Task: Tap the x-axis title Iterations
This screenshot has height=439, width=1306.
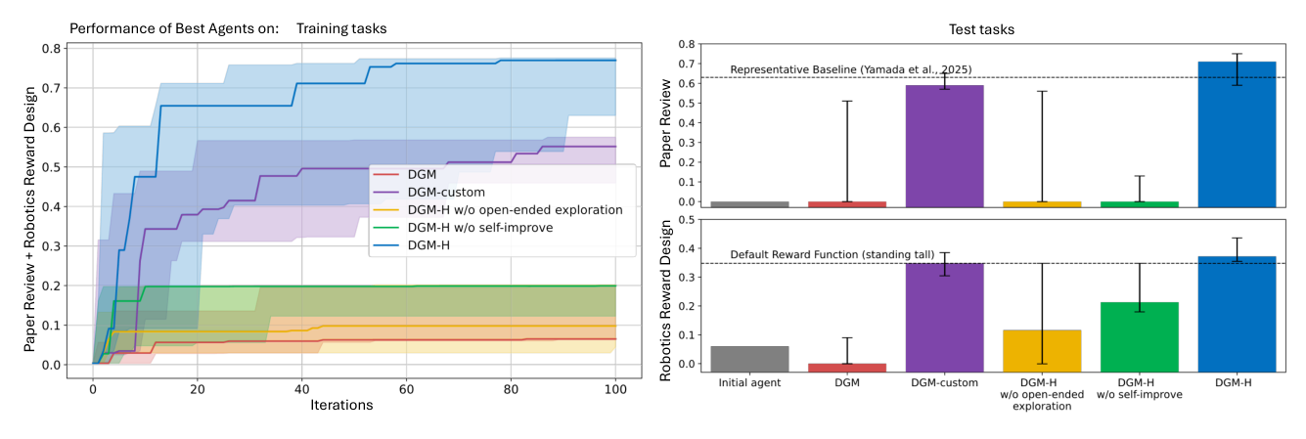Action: pos(340,405)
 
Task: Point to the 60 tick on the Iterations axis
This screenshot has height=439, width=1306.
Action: pos(406,386)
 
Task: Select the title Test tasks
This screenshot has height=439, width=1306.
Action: pos(982,29)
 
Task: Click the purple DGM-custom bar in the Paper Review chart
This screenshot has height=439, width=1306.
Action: pos(943,147)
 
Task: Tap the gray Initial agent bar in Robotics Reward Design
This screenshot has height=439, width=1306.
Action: pos(748,359)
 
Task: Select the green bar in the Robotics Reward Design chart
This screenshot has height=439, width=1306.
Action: pos(1139,336)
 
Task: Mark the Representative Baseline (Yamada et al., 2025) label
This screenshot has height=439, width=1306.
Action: pos(850,69)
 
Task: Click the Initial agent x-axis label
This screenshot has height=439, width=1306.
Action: pos(748,383)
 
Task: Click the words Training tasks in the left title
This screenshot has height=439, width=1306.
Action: pos(341,28)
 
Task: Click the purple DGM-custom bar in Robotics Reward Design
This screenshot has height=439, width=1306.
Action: pos(943,318)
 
